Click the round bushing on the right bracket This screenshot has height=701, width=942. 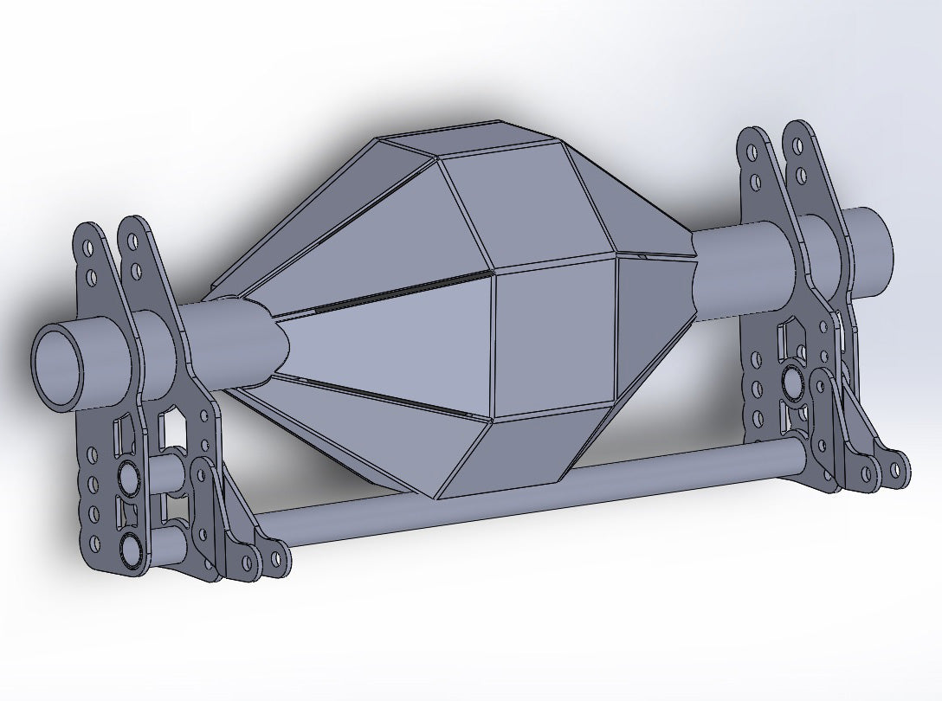pos(791,380)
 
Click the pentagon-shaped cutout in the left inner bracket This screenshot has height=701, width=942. pos(176,424)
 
